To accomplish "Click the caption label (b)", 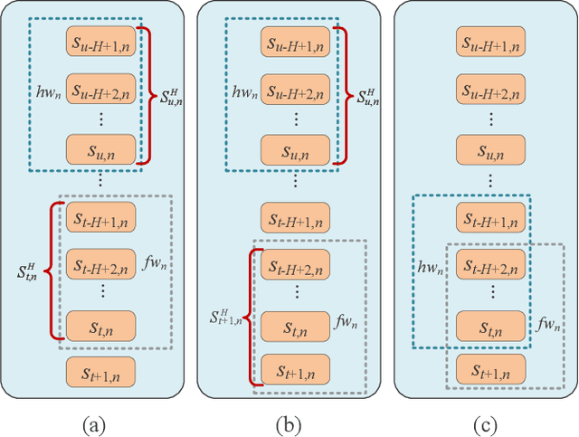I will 291,423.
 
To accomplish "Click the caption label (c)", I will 488,423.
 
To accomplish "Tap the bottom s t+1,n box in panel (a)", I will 100,371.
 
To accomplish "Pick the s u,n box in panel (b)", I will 296,147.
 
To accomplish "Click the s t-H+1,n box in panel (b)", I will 296,218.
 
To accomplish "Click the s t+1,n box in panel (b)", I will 296,369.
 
